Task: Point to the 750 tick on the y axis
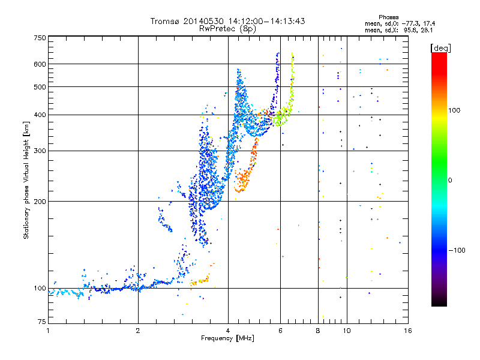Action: (40, 37)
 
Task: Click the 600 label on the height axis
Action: (40, 64)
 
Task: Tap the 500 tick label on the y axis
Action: (40, 87)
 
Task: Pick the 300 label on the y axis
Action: (40, 151)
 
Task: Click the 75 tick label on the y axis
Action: (41, 323)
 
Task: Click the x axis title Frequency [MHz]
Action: (227, 338)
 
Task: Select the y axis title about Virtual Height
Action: (26, 181)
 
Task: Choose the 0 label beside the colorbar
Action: (450, 180)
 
